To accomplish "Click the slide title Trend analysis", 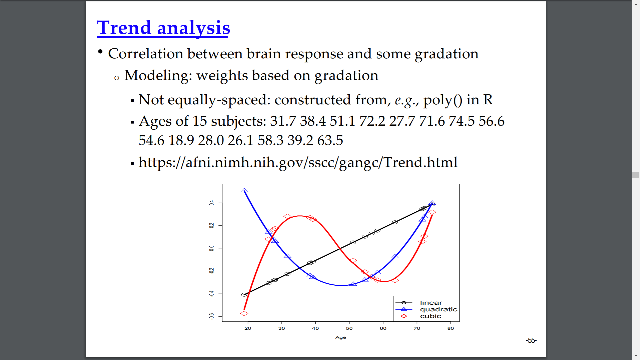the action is tap(163, 28).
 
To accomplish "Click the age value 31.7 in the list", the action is tap(283, 121).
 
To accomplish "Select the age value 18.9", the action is tap(181, 140).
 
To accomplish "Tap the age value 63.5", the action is tap(330, 140).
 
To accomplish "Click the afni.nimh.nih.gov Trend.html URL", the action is tap(298, 163).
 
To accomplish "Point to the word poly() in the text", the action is tap(443, 100).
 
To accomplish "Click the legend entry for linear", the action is tap(431, 303).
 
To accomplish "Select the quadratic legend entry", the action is tap(439, 309).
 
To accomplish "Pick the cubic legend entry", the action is tap(431, 316).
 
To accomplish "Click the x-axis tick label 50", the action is tap(349, 328).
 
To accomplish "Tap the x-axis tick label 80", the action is tap(451, 328).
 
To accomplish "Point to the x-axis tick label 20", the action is tap(248, 328).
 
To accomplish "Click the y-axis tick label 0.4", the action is tap(211, 203).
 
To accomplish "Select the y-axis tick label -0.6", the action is tap(211, 316).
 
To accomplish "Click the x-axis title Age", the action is tap(341, 337).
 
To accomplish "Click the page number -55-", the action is tap(531, 340).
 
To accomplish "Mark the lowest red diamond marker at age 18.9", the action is tap(244, 313).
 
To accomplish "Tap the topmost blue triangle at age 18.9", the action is tap(244, 191).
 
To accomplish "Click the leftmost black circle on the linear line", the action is tap(244, 295).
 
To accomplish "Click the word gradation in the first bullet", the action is tap(447, 54).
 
